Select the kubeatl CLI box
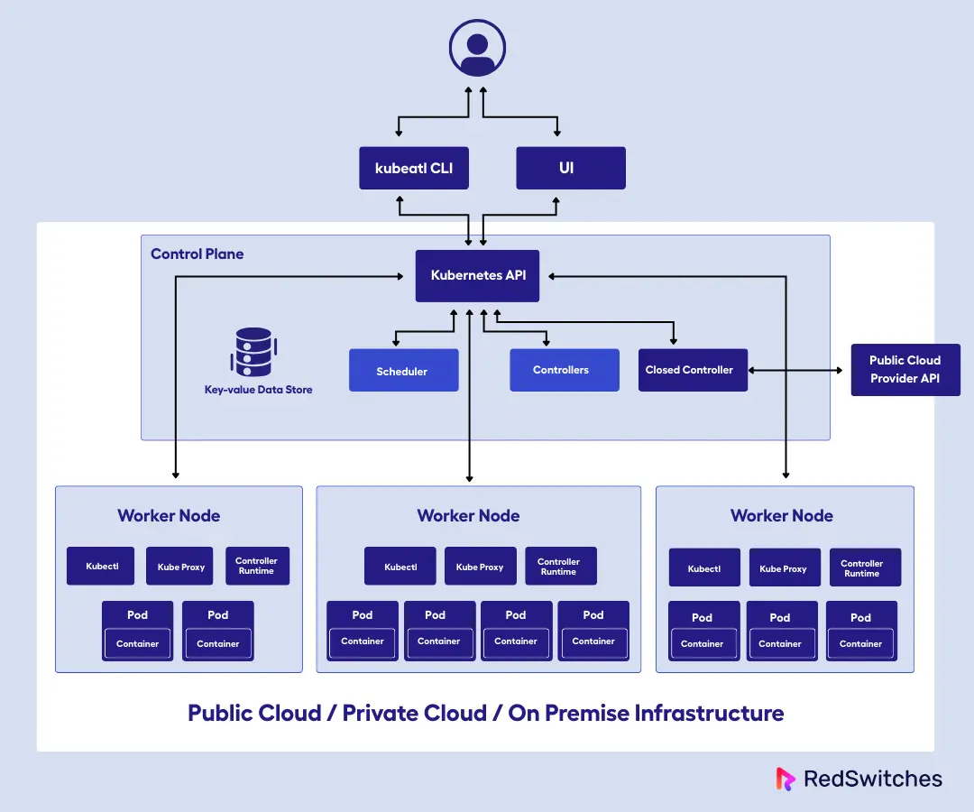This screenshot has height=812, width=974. tap(414, 168)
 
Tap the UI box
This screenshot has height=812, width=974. tap(570, 168)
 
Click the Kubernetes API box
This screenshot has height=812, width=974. tap(478, 275)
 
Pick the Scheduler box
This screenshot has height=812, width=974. tap(403, 371)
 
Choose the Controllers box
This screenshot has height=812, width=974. tap(564, 370)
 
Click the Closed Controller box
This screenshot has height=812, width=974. tap(693, 370)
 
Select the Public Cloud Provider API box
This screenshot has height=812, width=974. tap(905, 370)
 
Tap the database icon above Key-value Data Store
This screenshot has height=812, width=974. tap(253, 352)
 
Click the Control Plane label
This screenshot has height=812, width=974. tap(197, 254)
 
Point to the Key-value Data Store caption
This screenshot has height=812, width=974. tap(258, 390)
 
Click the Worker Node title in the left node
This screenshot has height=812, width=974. tap(169, 516)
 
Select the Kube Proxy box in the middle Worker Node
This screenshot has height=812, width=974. tap(480, 567)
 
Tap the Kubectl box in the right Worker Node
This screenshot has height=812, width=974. tap(703, 568)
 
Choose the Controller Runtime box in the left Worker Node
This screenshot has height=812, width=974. tap(257, 566)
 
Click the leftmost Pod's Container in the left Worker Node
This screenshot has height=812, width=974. tap(137, 644)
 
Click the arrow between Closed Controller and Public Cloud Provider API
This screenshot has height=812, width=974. tap(799, 370)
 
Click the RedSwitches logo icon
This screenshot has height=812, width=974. tap(786, 779)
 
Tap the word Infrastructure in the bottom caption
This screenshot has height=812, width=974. tap(709, 713)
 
